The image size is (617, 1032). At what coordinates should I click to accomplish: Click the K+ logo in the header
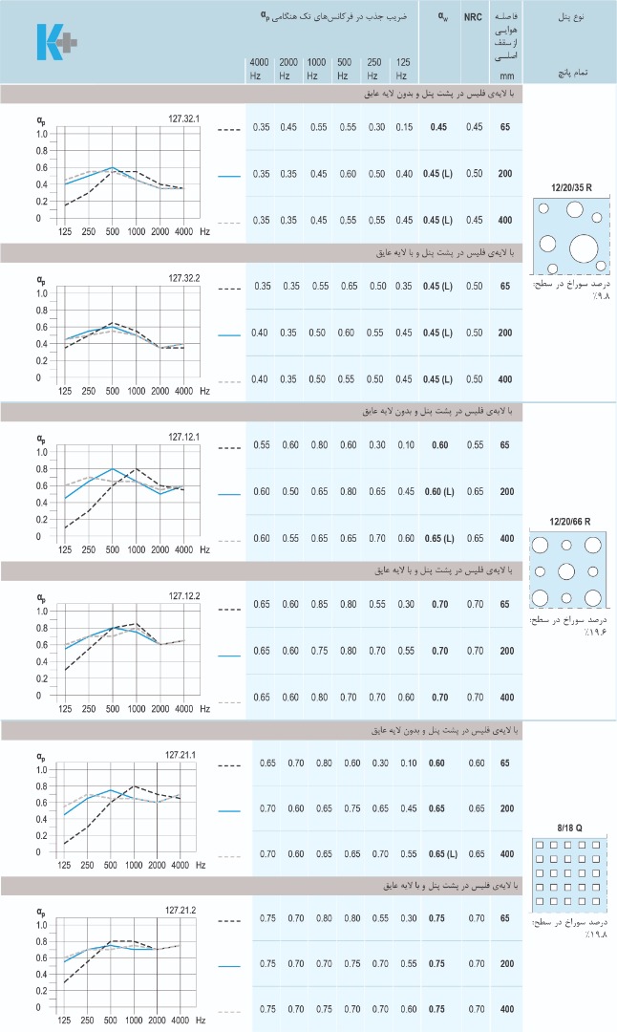[57, 41]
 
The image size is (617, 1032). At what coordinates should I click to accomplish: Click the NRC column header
[473, 16]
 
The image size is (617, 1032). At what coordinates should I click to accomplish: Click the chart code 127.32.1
[183, 118]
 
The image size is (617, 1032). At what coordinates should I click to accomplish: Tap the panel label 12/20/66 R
[571, 521]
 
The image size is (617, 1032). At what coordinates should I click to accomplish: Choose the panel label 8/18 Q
[571, 827]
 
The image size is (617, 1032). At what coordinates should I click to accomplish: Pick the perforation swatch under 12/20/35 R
[571, 233]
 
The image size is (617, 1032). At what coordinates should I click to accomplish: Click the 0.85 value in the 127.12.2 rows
[320, 604]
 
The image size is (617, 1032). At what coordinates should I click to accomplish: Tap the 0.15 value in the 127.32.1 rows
[404, 127]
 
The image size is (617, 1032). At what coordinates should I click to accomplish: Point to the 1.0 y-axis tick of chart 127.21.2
[41, 925]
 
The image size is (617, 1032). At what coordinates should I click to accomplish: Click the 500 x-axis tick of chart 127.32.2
[112, 391]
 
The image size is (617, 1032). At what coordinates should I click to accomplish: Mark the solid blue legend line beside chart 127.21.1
[228, 811]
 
